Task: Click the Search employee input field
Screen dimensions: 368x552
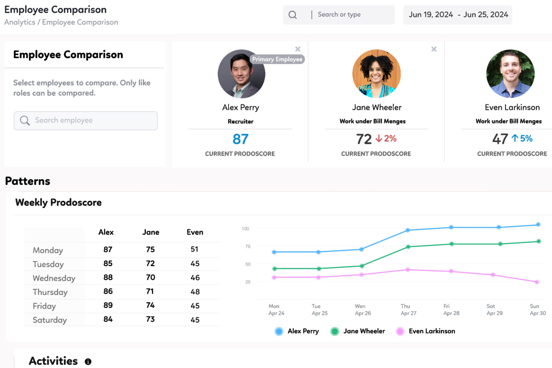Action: pos(86,121)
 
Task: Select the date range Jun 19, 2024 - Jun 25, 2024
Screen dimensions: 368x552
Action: pos(458,15)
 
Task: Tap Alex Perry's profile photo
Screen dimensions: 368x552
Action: pos(241,74)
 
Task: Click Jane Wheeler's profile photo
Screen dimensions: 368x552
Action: pos(376,74)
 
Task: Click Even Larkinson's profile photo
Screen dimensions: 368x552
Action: pos(510,74)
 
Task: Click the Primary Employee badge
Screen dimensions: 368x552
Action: pos(277,59)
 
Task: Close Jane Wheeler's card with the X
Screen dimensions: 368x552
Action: pos(434,49)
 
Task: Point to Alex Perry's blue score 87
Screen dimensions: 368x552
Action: pos(241,139)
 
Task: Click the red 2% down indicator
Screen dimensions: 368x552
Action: pos(386,138)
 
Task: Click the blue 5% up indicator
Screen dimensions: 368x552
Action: pos(522,138)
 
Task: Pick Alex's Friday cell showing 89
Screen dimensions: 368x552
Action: pos(108,305)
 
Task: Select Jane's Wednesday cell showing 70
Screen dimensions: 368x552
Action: pos(150,277)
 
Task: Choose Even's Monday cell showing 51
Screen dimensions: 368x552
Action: pos(194,249)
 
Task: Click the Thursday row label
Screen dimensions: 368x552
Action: pos(50,292)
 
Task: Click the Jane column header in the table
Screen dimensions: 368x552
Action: pos(151,232)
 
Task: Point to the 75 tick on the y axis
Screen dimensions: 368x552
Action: pos(248,246)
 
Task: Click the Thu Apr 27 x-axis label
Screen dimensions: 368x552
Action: pos(408,310)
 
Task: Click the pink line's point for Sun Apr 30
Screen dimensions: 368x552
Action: pos(537,282)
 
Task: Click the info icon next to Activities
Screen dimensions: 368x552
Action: pos(88,362)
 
